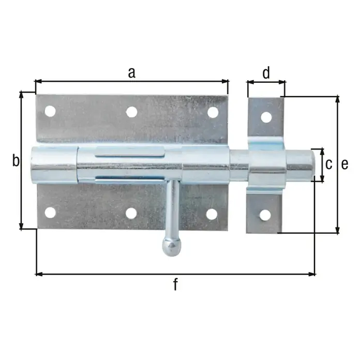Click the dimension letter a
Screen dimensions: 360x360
click(131, 73)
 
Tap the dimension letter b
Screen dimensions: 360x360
click(16, 160)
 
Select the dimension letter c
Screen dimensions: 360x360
click(329, 164)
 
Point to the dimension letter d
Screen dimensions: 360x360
click(266, 73)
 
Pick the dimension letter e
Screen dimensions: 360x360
click(344, 164)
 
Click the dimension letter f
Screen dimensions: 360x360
click(175, 284)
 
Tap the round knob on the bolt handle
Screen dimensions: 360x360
click(172, 247)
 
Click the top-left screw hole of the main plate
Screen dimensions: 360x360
click(50, 111)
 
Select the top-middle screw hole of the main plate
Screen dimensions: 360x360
click(131, 112)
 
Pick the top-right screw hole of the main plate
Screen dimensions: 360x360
click(213, 112)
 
